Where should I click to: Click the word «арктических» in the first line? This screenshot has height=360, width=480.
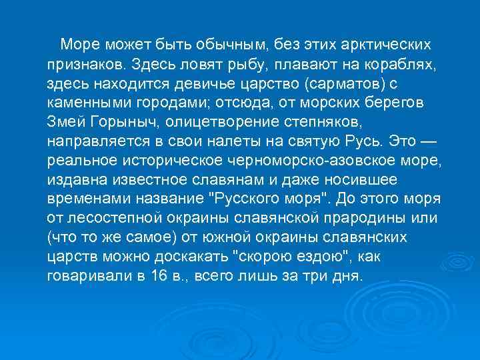[377, 45]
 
